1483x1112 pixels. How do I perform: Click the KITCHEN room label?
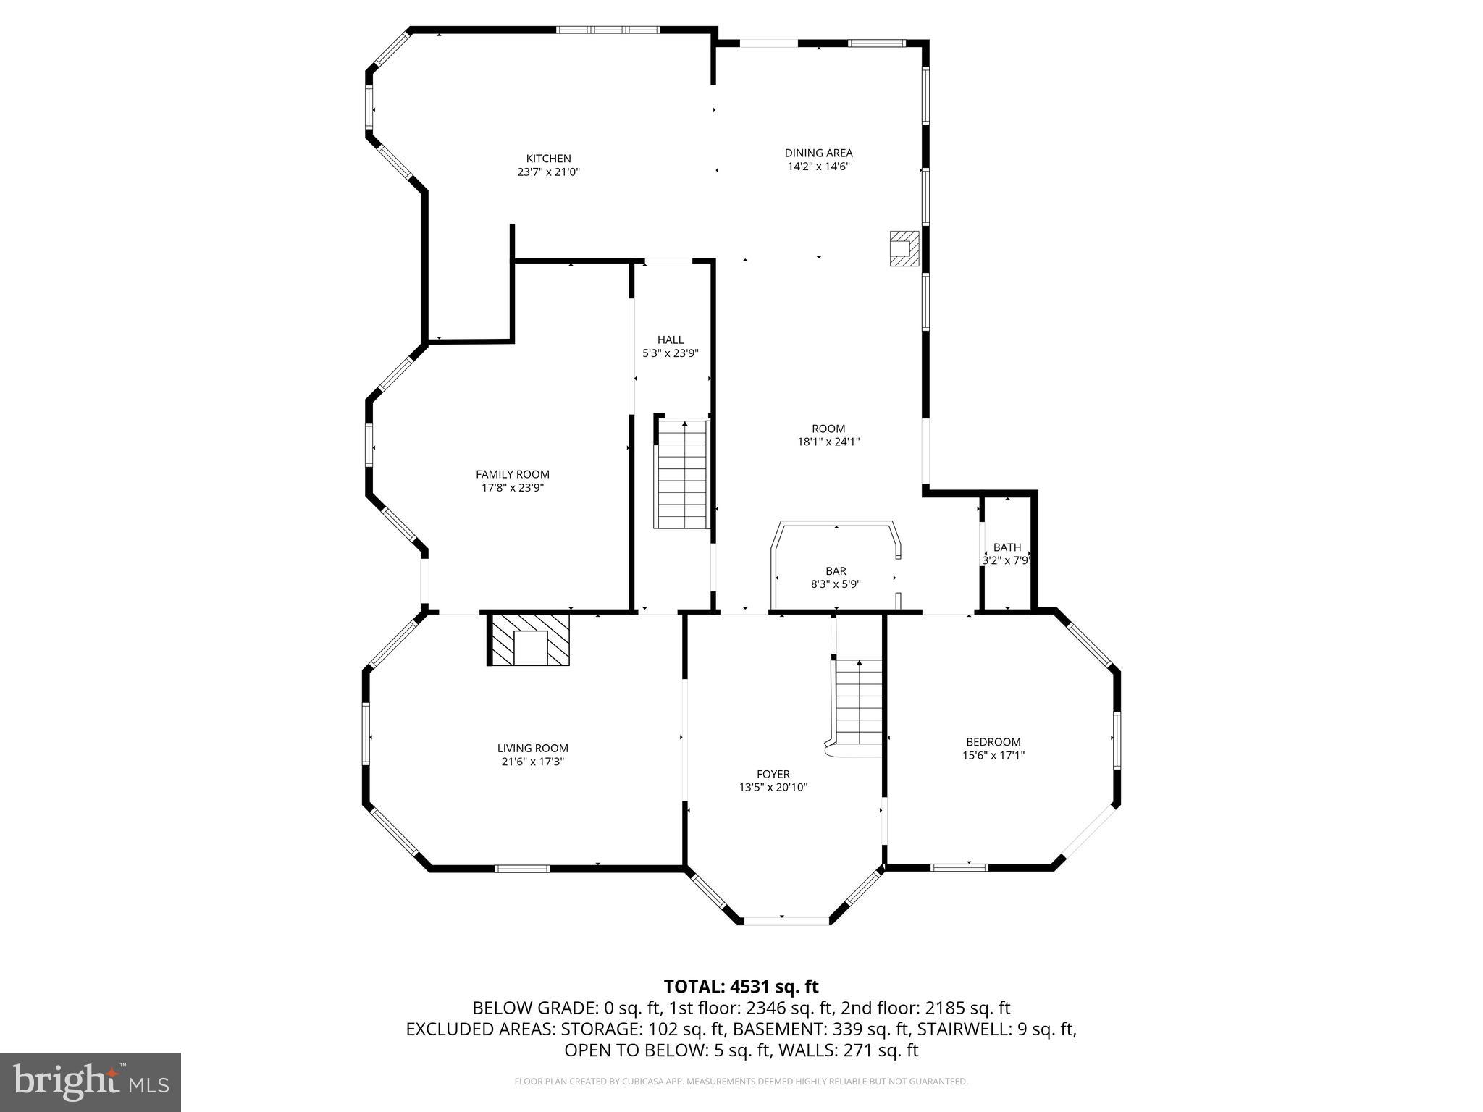click(548, 159)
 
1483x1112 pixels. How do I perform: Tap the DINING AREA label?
click(818, 153)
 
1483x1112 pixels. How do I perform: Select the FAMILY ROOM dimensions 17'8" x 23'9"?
click(512, 488)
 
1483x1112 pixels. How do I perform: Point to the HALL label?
click(670, 340)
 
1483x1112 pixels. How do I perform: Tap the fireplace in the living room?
click(530, 640)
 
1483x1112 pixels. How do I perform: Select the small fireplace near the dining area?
click(904, 248)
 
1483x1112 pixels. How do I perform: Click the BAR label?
click(836, 571)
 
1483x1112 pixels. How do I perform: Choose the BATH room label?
click(1007, 547)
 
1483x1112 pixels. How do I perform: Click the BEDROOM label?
click(993, 741)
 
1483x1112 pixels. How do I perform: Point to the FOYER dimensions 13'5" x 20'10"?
click(773, 788)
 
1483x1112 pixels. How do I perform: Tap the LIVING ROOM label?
click(532, 749)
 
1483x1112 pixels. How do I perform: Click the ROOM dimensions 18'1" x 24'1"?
click(828, 442)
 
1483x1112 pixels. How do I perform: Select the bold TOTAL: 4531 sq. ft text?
click(741, 987)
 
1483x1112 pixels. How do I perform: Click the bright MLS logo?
click(91, 1082)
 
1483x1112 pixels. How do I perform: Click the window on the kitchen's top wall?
click(608, 30)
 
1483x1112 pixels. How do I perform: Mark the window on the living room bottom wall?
click(522, 868)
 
